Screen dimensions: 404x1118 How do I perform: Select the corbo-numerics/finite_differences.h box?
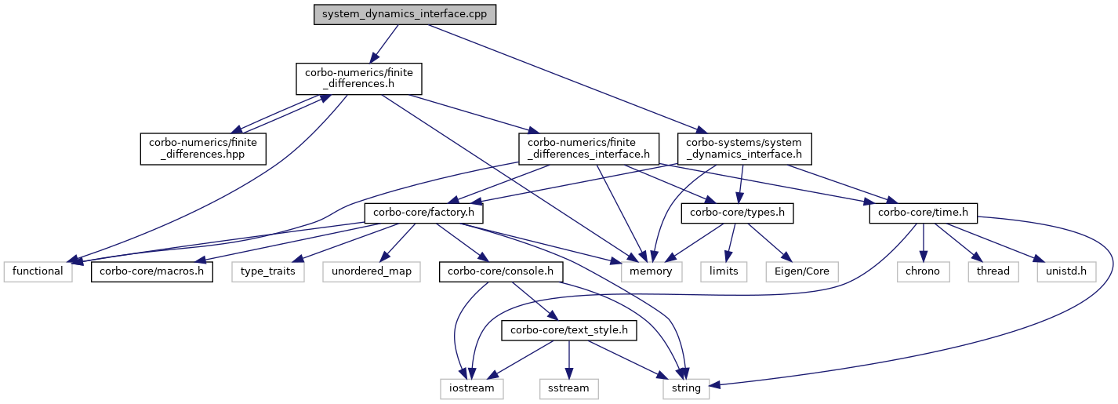click(359, 80)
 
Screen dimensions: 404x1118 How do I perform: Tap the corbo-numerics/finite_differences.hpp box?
click(203, 148)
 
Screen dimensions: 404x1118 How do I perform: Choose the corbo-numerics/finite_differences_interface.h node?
click(588, 148)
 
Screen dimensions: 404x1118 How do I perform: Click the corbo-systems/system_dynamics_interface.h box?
click(744, 148)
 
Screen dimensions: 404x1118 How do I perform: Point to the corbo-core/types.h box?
click(738, 213)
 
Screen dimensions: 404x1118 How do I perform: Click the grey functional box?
click(38, 271)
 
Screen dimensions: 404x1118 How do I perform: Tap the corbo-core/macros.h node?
click(153, 271)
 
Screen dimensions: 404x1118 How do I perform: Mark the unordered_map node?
click(367, 271)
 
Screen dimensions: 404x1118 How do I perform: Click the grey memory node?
click(651, 271)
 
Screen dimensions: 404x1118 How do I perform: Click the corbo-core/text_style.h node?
click(569, 330)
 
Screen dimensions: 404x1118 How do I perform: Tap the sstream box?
click(569, 388)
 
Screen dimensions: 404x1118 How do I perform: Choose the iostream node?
click(470, 388)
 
